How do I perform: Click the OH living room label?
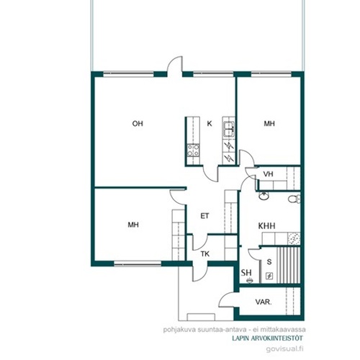[138, 124]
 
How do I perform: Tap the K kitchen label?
[210, 124]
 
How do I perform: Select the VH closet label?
[268, 174]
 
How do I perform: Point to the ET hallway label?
[204, 216]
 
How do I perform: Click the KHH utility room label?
[266, 226]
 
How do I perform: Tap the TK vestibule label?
[205, 253]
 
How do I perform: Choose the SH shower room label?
[246, 273]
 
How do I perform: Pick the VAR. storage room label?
[264, 302]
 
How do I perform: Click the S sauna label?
[269, 262]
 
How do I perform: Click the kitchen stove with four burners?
[193, 150]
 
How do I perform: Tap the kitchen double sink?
[229, 129]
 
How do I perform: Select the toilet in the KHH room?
[294, 199]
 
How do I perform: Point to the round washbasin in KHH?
[264, 196]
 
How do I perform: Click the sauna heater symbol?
[269, 276]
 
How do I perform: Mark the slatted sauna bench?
[289, 265]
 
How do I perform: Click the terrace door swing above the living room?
[175, 64]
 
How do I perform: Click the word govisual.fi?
[284, 348]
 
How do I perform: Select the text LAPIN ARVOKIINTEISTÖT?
[267, 338]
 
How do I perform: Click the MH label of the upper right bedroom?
[269, 124]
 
